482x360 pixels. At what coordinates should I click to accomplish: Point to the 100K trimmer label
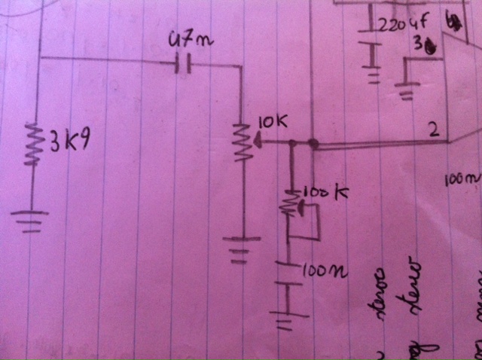[325, 194]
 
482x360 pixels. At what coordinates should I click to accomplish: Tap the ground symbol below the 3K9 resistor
[31, 220]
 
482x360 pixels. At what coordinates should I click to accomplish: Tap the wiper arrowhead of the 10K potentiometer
[258, 139]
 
